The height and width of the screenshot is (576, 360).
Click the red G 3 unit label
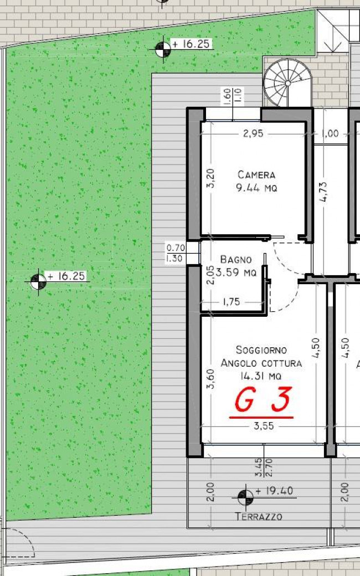pos(262,401)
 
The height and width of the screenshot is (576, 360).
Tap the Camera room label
pos(256,175)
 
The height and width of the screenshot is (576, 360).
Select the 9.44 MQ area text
pos(256,188)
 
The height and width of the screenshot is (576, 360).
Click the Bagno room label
pos(236,259)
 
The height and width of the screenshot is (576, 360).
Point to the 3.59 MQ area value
pos(236,272)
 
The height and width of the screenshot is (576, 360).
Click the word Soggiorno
pos(261,350)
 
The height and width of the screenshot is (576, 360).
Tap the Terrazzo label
pos(259,517)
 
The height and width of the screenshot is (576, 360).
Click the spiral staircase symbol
pos(287,83)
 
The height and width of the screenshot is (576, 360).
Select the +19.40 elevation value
pos(275,491)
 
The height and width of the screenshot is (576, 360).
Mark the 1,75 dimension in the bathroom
pos(231,302)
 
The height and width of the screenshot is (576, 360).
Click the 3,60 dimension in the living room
pos(210,379)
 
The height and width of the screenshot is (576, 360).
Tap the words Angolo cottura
pos(261,363)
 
